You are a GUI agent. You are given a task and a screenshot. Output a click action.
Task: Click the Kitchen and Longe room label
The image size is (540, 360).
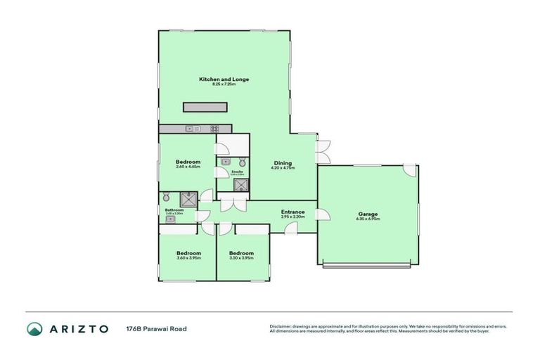224,79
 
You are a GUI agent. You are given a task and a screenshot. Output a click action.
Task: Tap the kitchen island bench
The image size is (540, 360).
205,107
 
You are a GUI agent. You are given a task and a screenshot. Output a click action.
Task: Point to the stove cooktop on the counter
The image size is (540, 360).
214,129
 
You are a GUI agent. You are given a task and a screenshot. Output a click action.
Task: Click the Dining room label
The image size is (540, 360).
283,163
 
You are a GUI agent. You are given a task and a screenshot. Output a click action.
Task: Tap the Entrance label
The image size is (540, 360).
292,212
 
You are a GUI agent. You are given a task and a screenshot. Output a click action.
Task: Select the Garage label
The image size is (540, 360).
368,214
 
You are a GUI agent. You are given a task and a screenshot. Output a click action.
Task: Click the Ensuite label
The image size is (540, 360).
237,172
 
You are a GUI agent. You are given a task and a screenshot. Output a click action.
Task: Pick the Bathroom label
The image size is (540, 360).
174,210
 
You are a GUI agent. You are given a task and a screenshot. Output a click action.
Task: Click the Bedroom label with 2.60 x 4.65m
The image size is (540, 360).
188,162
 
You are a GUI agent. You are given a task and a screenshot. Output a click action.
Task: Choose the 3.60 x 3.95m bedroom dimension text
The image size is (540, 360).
188,259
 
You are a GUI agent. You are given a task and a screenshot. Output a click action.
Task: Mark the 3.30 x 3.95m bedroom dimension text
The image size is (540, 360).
240,259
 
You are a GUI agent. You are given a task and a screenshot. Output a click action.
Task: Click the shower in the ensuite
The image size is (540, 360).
241,185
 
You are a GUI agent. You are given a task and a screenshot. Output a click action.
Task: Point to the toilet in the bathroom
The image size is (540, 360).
167,197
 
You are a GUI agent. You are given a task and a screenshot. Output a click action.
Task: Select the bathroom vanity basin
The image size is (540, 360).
170,219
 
